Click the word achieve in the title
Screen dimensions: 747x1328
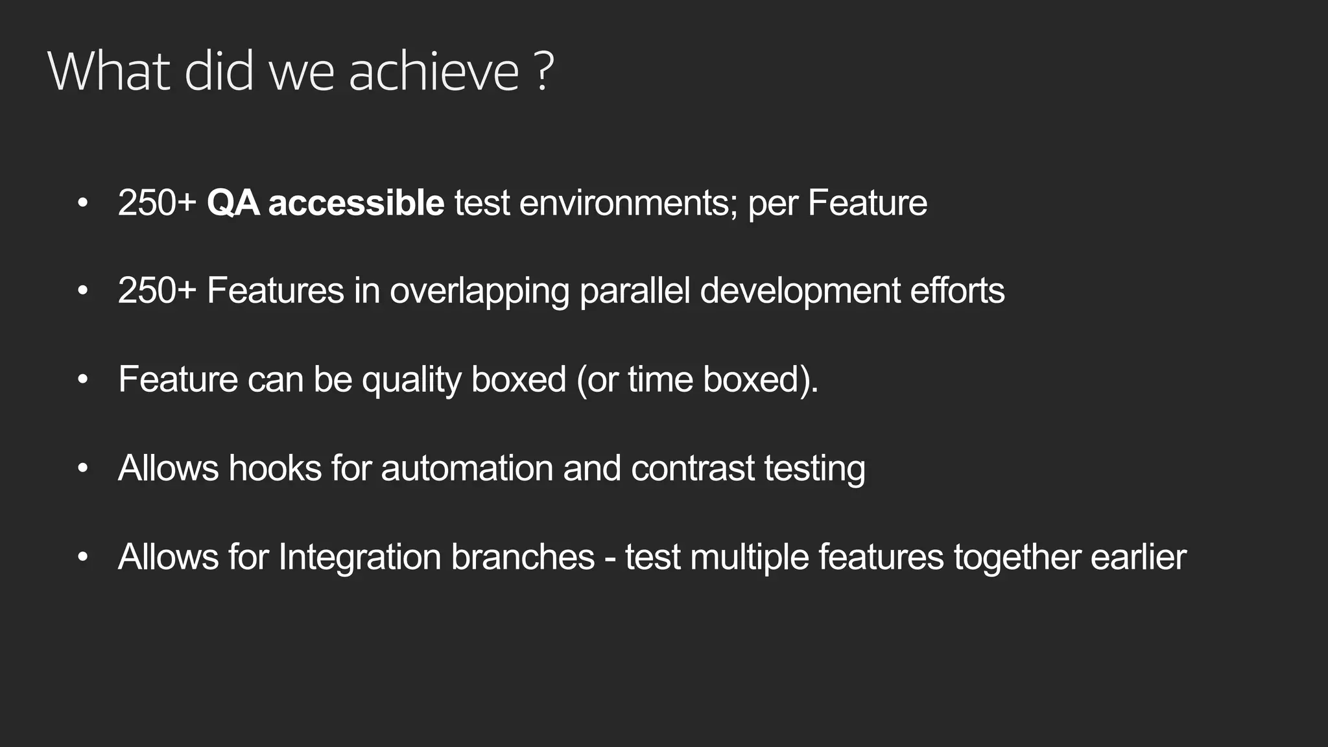(x=434, y=71)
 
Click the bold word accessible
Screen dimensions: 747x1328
(x=356, y=203)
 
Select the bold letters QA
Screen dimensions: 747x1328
(x=233, y=203)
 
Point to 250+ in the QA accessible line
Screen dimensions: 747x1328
(x=157, y=203)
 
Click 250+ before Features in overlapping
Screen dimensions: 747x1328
(x=157, y=290)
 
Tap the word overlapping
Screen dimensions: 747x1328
(x=479, y=290)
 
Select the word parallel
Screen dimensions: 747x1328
(x=634, y=290)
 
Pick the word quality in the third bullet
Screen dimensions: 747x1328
(x=411, y=379)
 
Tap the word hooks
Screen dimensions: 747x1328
(x=275, y=468)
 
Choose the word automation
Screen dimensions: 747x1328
(x=467, y=468)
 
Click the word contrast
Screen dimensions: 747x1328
(x=693, y=468)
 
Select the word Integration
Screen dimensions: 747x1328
(x=359, y=557)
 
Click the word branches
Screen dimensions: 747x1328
(x=523, y=557)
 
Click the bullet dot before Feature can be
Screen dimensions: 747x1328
(x=82, y=379)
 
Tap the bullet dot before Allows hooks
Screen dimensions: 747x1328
(x=82, y=468)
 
